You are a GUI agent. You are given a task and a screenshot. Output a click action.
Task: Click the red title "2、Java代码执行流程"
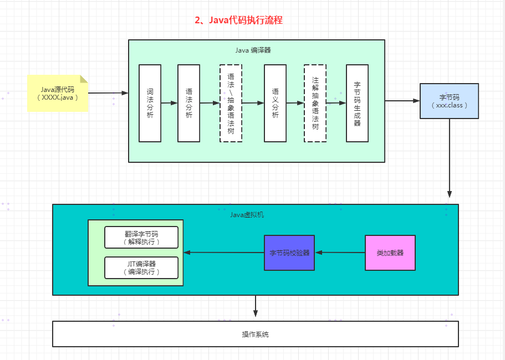[239, 20]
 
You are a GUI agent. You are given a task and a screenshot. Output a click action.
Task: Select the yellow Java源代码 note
[58, 93]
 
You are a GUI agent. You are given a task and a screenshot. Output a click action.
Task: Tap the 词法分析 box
[150, 103]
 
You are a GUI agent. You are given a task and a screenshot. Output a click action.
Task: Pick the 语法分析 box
[188, 103]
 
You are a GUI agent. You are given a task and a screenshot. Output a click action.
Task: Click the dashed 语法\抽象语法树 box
[231, 103]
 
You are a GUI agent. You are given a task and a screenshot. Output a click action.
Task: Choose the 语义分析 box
[276, 103]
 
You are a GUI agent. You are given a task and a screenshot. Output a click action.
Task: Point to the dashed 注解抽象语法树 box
[315, 103]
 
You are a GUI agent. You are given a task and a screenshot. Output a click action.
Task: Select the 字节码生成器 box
[357, 103]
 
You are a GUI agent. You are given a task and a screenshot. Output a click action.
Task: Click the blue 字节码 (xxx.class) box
[449, 101]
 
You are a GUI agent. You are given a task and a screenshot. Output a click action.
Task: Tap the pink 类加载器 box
[390, 253]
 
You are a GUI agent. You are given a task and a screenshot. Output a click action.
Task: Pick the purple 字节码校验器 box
[289, 253]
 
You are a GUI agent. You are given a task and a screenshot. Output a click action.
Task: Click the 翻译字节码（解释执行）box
[141, 238]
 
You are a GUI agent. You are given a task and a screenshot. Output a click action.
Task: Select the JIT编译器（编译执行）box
[141, 268]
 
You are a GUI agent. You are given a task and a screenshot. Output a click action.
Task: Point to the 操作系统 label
[256, 335]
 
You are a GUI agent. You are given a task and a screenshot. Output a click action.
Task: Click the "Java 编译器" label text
[253, 50]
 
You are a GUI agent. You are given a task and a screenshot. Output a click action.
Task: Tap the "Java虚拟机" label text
[247, 215]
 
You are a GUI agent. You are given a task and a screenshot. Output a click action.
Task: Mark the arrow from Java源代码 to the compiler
[108, 93]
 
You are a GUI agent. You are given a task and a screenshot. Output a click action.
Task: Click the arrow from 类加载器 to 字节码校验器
[340, 253]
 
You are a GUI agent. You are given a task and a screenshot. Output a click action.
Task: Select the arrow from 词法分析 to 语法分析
[170, 103]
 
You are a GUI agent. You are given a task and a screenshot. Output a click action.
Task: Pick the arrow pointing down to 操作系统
[256, 306]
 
